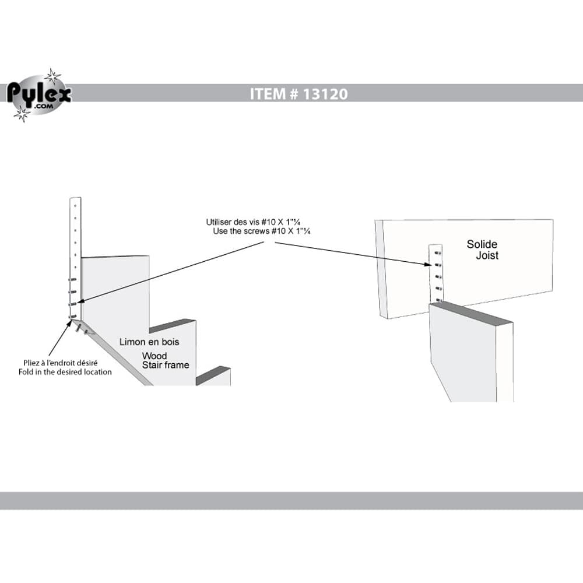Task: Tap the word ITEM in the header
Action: point(266,93)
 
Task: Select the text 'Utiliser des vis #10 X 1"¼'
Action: point(257,222)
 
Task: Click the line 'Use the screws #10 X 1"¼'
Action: point(261,231)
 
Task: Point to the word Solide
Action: point(482,244)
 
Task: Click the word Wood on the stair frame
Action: point(154,356)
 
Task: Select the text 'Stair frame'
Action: point(166,366)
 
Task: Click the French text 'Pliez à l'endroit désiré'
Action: point(57,363)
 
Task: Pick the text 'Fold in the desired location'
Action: point(65,372)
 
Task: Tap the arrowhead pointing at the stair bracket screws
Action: point(79,301)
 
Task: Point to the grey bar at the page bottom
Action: point(291,501)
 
